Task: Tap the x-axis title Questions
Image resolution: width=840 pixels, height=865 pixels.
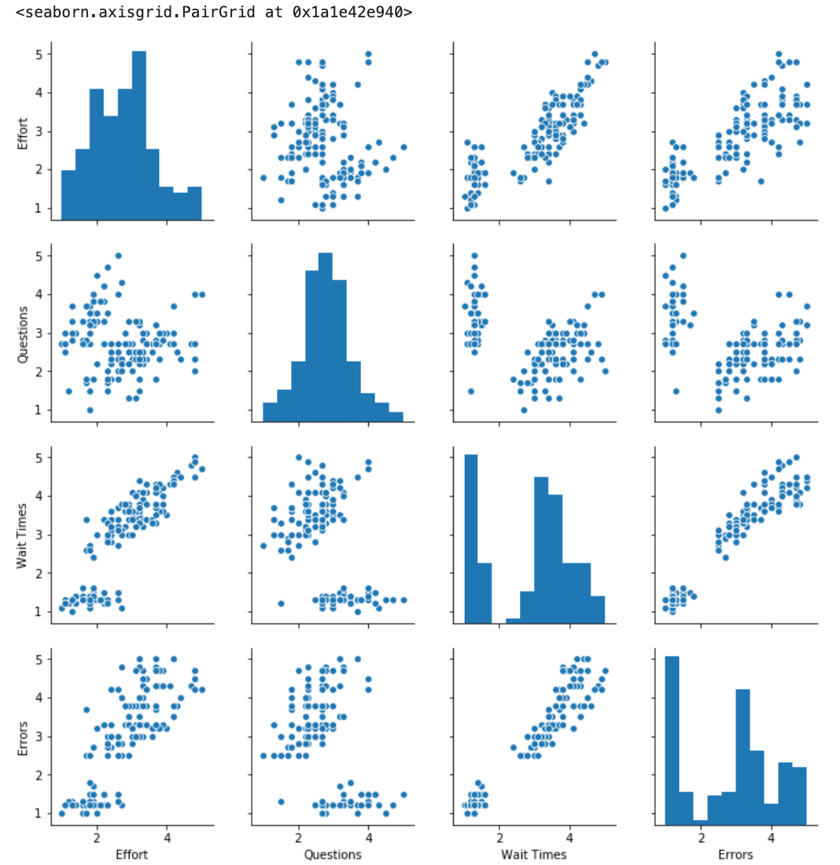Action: [x=333, y=854]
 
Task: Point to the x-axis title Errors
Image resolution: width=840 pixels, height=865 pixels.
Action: [x=736, y=854]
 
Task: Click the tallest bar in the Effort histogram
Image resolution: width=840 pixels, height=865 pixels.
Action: [x=138, y=134]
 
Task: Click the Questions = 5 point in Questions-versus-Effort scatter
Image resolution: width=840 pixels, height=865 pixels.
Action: [x=118, y=256]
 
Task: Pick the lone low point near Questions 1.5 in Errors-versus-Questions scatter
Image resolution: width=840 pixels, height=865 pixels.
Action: [x=281, y=801]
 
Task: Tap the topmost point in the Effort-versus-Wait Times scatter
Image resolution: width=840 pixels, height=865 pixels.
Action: [x=594, y=54]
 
